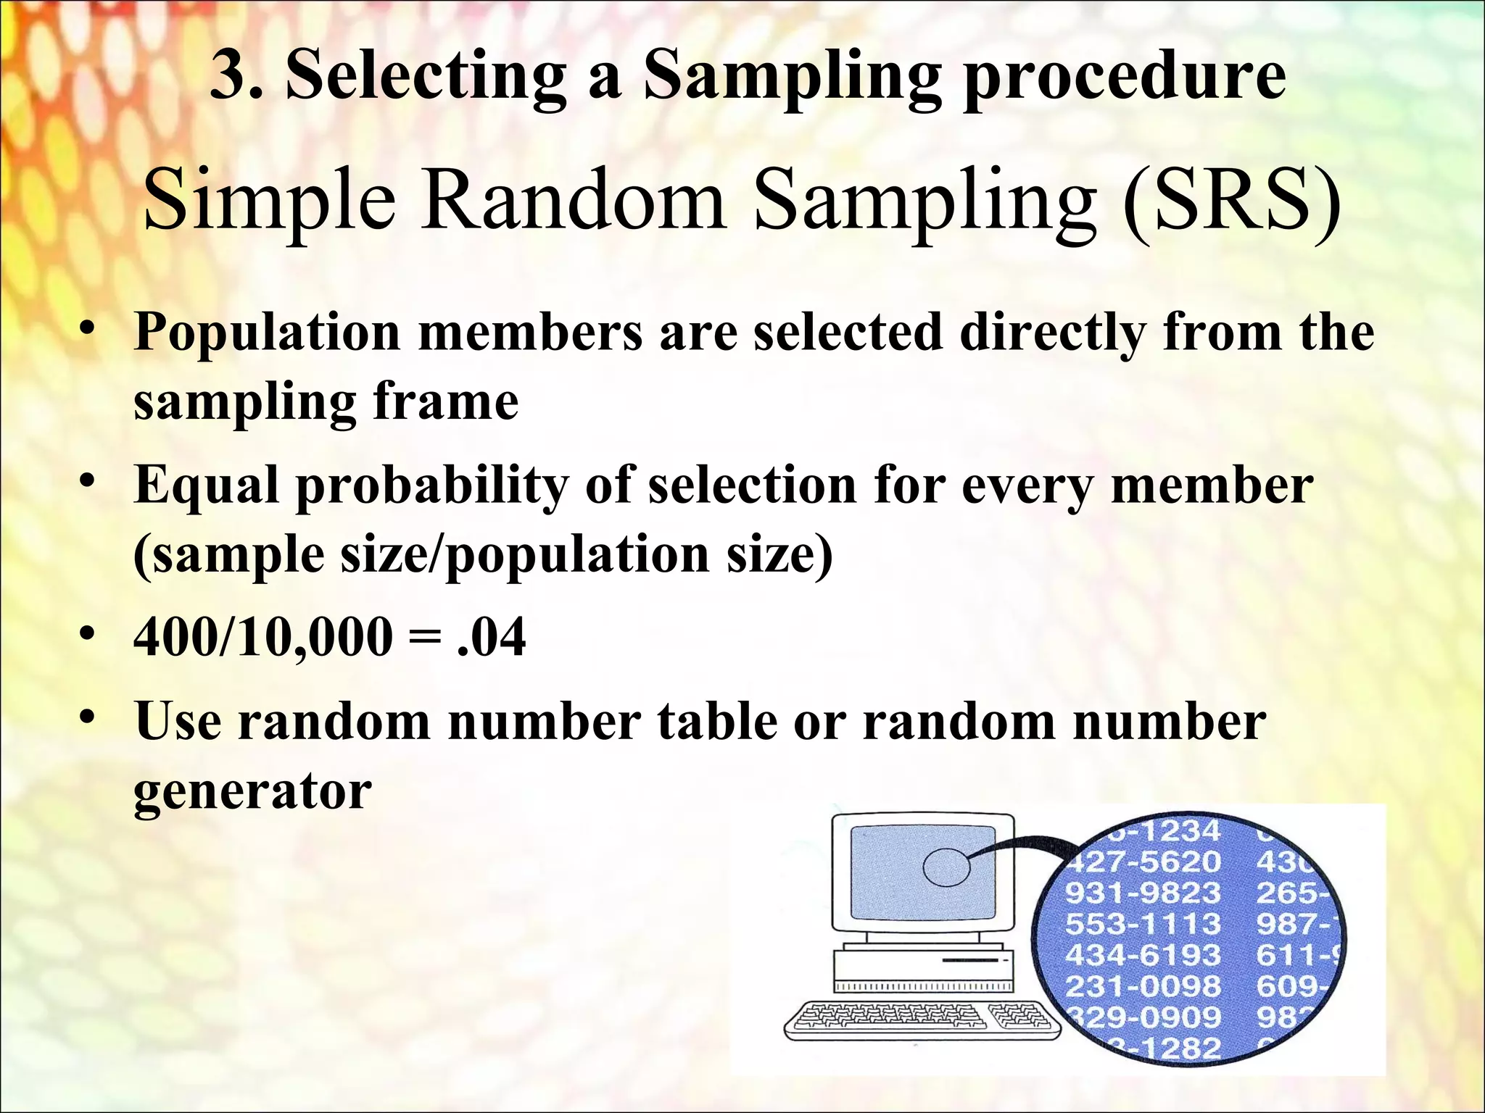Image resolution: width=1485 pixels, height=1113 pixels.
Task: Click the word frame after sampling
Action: coord(445,402)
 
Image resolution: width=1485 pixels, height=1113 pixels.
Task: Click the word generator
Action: coord(252,791)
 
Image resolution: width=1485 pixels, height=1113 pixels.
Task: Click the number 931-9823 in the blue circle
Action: coord(1143,893)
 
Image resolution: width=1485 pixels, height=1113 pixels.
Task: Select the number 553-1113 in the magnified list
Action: coord(1143,924)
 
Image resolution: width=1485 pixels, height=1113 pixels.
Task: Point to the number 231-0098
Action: coord(1143,986)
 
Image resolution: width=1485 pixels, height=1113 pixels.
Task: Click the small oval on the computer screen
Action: coord(946,867)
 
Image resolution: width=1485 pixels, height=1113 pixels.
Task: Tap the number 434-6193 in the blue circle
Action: coord(1143,955)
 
